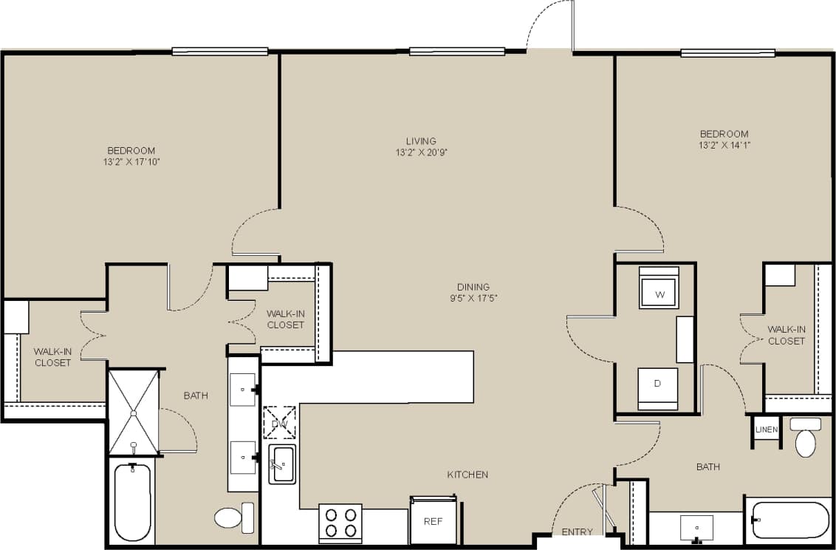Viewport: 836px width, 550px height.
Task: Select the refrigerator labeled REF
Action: (432, 520)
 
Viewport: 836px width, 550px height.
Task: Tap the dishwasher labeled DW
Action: (280, 422)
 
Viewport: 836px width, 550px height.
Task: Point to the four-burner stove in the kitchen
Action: (340, 523)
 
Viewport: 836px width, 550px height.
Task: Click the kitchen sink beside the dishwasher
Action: (281, 464)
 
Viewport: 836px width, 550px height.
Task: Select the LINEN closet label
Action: (767, 430)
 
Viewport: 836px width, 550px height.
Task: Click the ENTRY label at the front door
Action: (577, 532)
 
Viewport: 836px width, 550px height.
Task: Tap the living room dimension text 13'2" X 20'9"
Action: (421, 152)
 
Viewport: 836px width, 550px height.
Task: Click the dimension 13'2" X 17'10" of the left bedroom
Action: (131, 161)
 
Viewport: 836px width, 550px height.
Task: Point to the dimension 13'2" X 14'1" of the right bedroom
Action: (724, 145)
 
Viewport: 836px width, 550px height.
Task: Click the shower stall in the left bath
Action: (134, 410)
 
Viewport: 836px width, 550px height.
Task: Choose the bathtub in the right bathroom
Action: (789, 520)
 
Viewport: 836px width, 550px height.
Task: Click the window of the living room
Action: (456, 51)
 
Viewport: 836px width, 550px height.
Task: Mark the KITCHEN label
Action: (467, 475)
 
